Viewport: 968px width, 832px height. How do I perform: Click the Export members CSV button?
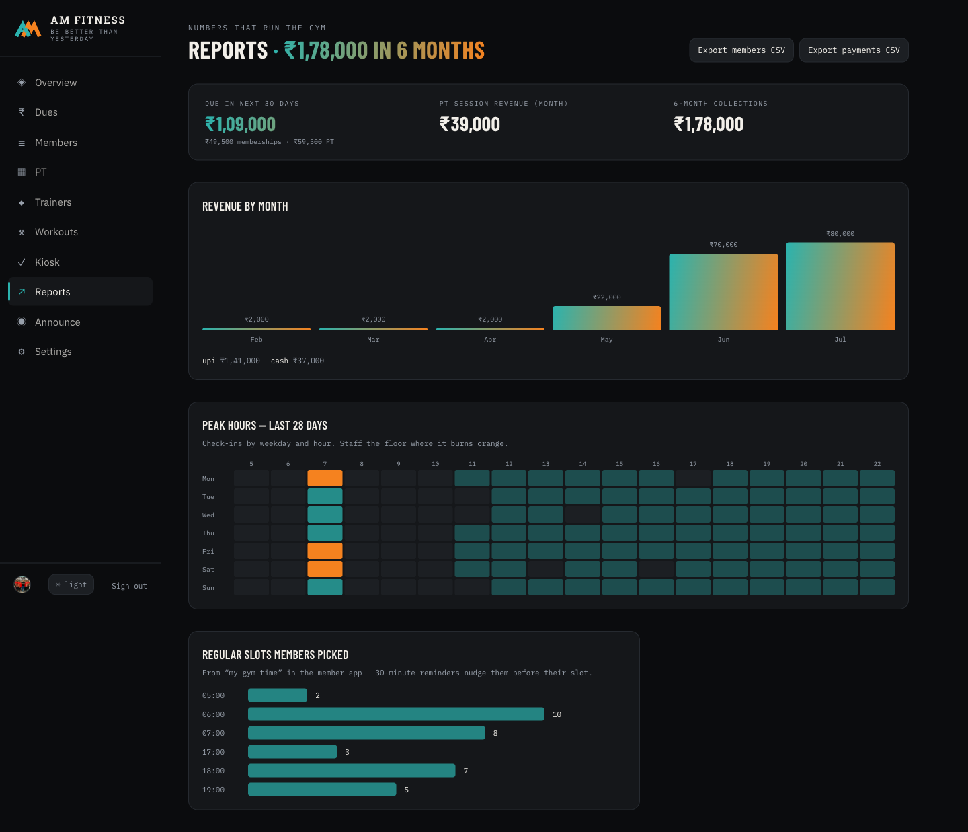pyautogui.click(x=741, y=50)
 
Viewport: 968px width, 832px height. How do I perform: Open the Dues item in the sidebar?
pyautogui.click(x=46, y=112)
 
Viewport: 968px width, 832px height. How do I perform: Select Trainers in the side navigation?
pyautogui.click(x=53, y=202)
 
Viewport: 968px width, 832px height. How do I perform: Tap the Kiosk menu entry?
pyautogui.click(x=47, y=262)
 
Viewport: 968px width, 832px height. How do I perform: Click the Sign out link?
pyautogui.click(x=129, y=586)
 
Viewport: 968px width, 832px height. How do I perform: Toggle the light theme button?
pyautogui.click(x=71, y=584)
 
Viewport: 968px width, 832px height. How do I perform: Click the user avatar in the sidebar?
pyautogui.click(x=22, y=584)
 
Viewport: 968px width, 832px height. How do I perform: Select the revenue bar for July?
pyautogui.click(x=840, y=287)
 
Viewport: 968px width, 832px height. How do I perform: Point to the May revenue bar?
pyautogui.click(x=606, y=318)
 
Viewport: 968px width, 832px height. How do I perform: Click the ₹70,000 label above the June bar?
pyautogui.click(x=723, y=245)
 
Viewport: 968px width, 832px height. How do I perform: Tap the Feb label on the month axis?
pyautogui.click(x=256, y=339)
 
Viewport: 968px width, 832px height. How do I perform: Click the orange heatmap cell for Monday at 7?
pyautogui.click(x=325, y=478)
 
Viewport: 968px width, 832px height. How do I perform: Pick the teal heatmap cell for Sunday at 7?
pyautogui.click(x=325, y=587)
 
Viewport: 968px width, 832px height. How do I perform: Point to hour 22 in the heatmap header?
pyautogui.click(x=877, y=464)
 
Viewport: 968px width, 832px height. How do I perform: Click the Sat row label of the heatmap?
pyautogui.click(x=208, y=569)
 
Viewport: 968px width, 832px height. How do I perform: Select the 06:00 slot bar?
pyautogui.click(x=396, y=714)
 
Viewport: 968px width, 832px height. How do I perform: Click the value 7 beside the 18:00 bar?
pyautogui.click(x=465, y=771)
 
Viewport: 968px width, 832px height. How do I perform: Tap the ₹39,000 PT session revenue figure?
pyautogui.click(x=470, y=124)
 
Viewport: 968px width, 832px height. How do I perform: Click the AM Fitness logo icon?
pyautogui.click(x=28, y=28)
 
